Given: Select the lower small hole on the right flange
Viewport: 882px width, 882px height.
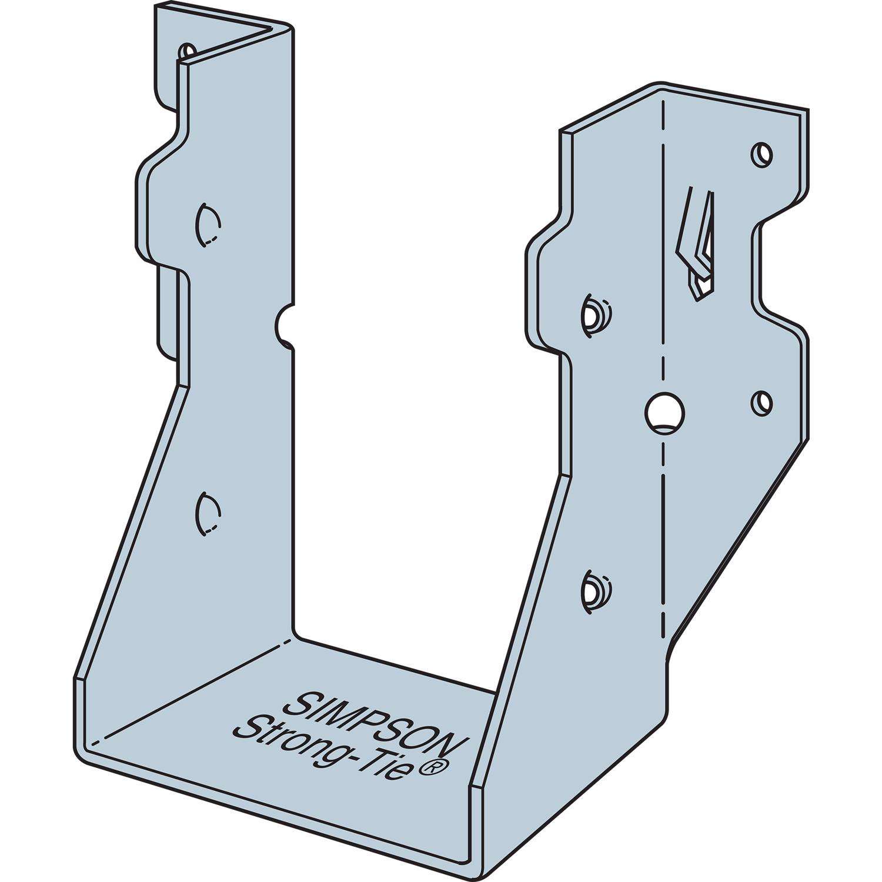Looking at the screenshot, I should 762,402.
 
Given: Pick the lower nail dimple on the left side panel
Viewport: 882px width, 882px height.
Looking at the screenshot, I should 207,513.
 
